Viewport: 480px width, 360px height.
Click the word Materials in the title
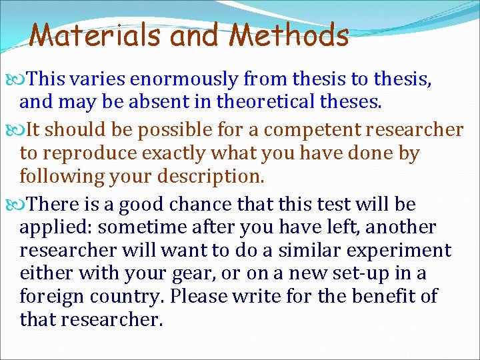(x=97, y=35)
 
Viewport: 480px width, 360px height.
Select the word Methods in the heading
(x=289, y=35)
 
